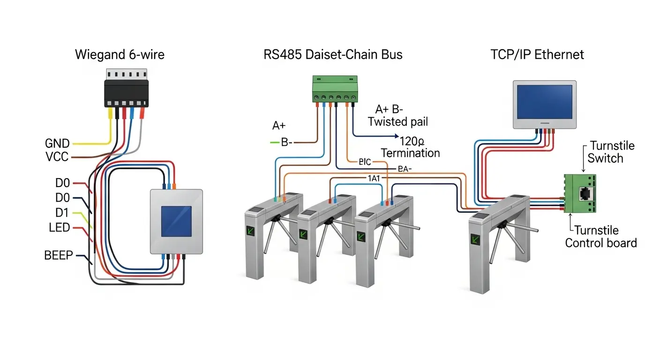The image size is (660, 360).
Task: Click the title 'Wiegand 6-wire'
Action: (120, 55)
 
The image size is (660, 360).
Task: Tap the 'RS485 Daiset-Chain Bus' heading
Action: (333, 55)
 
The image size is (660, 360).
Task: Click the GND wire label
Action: (57, 143)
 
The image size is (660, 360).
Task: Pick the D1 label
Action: (62, 213)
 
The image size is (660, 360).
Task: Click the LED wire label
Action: (59, 228)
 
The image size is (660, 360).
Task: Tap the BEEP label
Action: (59, 255)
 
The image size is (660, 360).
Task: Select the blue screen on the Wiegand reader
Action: (176, 221)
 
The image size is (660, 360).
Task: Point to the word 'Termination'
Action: (410, 153)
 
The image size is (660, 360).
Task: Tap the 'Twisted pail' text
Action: (398, 122)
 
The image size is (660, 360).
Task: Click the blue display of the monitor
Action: (544, 102)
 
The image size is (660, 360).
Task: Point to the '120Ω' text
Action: (412, 140)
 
